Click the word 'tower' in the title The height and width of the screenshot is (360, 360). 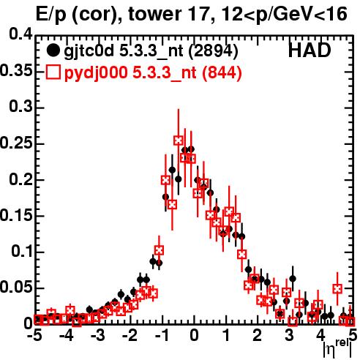click(x=154, y=13)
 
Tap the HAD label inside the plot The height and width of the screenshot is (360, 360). click(x=310, y=50)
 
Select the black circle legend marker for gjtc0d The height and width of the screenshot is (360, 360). click(x=53, y=50)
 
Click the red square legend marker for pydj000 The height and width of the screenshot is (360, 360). click(x=53, y=72)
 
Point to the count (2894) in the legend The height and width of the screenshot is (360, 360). click(x=214, y=51)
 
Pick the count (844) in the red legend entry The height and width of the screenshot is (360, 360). click(x=222, y=72)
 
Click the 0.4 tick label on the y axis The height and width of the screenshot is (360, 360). click(x=20, y=34)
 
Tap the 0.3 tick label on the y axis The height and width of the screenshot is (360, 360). click(x=20, y=107)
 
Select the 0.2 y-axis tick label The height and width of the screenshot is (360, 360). click(x=20, y=179)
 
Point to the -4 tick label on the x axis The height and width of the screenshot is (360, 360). click(x=66, y=335)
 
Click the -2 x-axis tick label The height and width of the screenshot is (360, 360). click(x=130, y=335)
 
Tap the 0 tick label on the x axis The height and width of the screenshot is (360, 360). click(x=194, y=335)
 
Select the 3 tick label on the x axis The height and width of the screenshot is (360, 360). click(x=290, y=335)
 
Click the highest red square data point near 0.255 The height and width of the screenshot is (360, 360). click(x=179, y=140)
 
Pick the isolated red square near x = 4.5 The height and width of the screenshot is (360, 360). click(x=337, y=289)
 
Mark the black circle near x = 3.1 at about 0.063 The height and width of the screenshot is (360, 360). click(x=293, y=279)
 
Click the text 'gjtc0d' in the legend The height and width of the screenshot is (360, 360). click(x=89, y=51)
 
